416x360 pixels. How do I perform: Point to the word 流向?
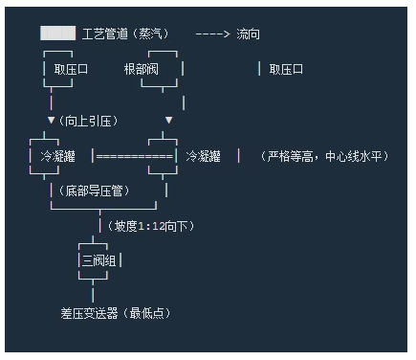click(x=248, y=34)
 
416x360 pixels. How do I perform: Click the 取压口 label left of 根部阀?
click(x=70, y=69)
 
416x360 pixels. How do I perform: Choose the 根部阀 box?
click(x=142, y=69)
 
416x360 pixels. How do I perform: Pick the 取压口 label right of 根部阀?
click(x=286, y=69)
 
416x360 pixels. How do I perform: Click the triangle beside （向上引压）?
click(x=51, y=121)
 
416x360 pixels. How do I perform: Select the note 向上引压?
click(x=87, y=121)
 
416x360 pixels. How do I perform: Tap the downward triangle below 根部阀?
click(x=169, y=121)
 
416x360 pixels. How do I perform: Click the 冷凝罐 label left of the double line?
click(x=57, y=155)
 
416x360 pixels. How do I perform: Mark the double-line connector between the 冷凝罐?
click(x=134, y=155)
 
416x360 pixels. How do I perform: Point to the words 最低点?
click(x=151, y=312)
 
